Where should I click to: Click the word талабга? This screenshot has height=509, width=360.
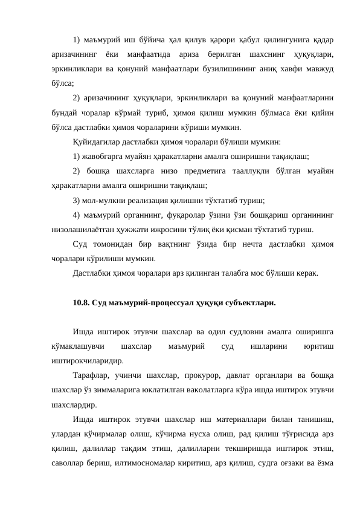click(x=240, y=273)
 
